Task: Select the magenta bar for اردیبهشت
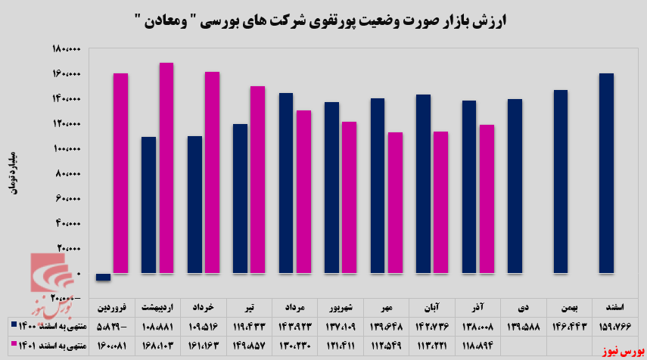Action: (166, 168)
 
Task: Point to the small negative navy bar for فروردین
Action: (104, 277)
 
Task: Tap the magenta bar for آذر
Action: (487, 198)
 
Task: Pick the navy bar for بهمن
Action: (560, 182)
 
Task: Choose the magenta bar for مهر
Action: (395, 202)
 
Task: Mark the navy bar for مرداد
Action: (286, 183)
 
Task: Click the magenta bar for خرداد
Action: (212, 172)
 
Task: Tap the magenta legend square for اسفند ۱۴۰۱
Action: (16, 345)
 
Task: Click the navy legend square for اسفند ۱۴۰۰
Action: (16, 326)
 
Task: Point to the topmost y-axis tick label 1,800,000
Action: (66, 50)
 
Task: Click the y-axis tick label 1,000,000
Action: (66, 149)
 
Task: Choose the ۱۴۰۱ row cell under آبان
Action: (432, 345)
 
